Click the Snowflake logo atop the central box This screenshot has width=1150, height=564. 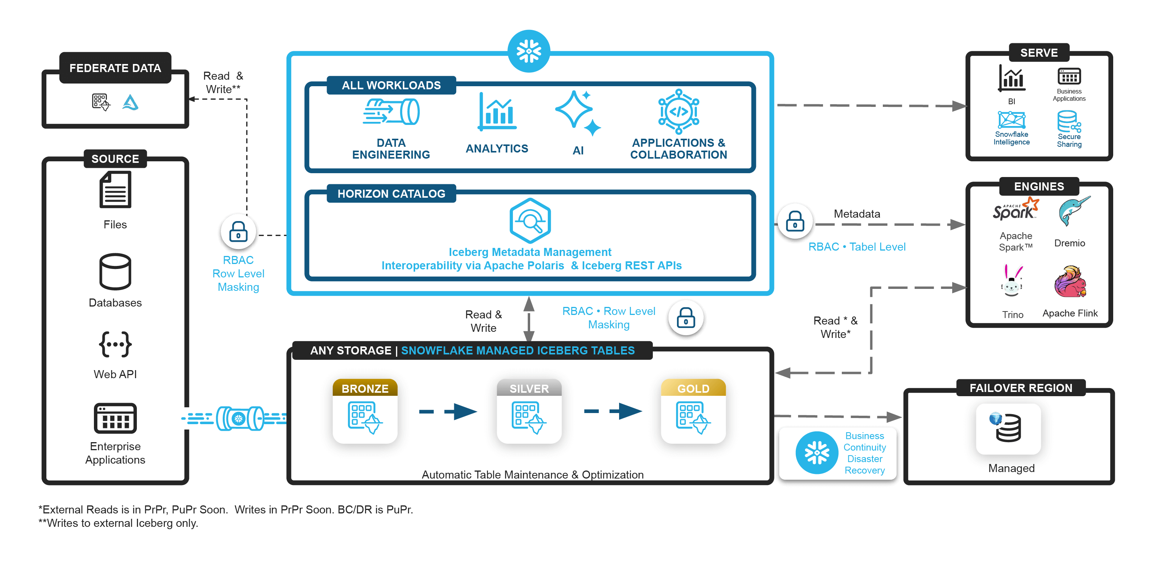click(x=529, y=51)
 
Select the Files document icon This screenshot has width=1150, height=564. click(x=115, y=190)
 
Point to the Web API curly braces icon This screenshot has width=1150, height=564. click(x=115, y=344)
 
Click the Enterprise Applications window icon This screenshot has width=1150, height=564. click(x=115, y=418)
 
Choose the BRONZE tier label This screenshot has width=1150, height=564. click(x=365, y=388)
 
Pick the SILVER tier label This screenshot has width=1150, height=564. click(x=529, y=388)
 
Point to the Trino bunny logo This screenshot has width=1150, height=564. click(x=1012, y=281)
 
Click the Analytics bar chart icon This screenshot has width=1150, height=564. click(x=497, y=111)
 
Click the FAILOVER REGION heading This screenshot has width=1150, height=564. click(x=1020, y=388)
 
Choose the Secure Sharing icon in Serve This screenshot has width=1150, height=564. click(x=1069, y=122)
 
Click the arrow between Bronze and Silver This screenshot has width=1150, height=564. click(x=448, y=412)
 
